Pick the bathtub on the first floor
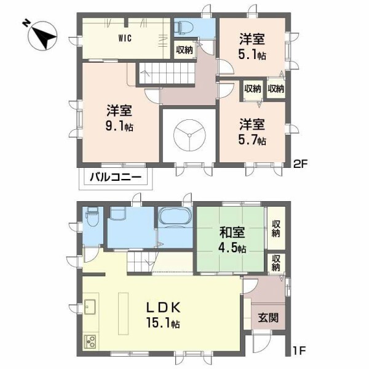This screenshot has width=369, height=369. [176, 218]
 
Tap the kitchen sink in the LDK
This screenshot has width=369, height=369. [90, 306]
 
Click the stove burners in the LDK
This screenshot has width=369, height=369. [90, 341]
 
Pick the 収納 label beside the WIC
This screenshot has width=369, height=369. [184, 50]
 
